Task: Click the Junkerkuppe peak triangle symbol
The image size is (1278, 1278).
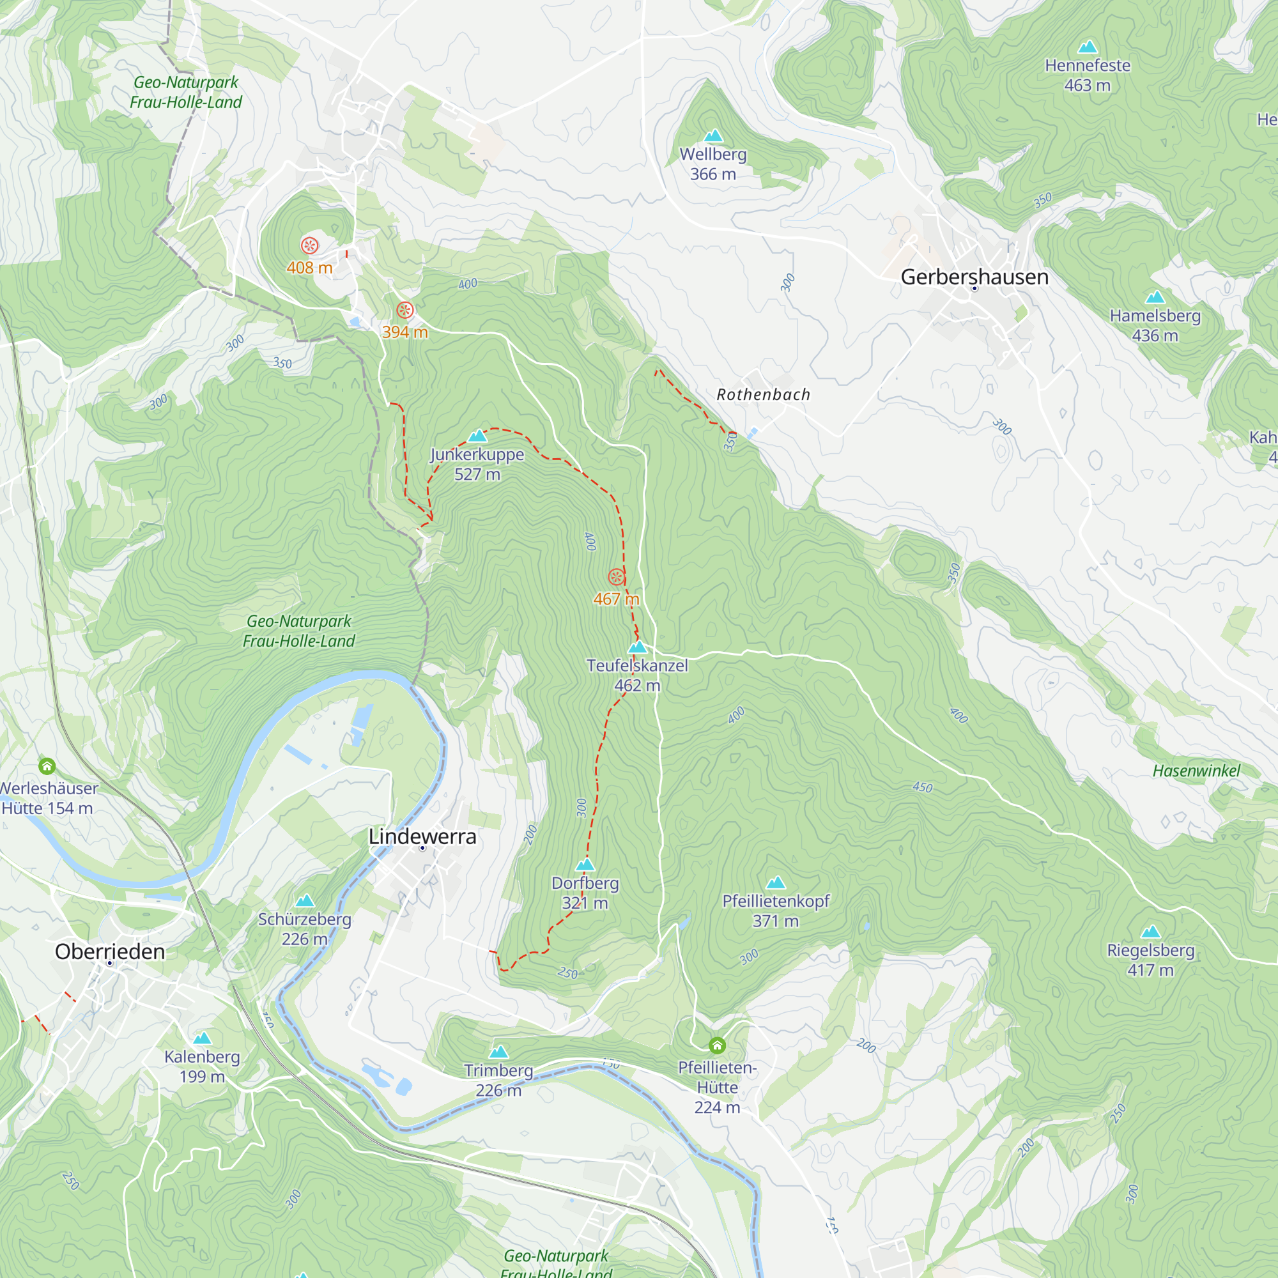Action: pyautogui.click(x=477, y=436)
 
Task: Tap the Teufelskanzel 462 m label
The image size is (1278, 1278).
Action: pyautogui.click(x=637, y=675)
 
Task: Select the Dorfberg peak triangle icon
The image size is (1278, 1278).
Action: pyautogui.click(x=585, y=865)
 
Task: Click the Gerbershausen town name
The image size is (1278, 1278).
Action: pyautogui.click(x=974, y=277)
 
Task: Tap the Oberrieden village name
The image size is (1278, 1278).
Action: pyautogui.click(x=110, y=951)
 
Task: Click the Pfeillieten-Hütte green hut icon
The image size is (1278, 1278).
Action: pyautogui.click(x=717, y=1046)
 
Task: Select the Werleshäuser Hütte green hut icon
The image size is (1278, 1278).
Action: pyautogui.click(x=47, y=766)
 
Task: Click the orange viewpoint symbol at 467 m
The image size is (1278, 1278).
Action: pyautogui.click(x=616, y=578)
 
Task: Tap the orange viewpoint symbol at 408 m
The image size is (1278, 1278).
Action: pyautogui.click(x=309, y=246)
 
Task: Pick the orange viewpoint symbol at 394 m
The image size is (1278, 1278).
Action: pyautogui.click(x=405, y=311)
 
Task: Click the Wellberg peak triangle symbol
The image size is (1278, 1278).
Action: pyautogui.click(x=713, y=136)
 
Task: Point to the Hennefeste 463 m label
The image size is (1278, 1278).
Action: pyautogui.click(x=1087, y=75)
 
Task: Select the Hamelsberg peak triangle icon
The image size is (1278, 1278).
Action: pyautogui.click(x=1155, y=297)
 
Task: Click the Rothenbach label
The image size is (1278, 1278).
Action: pyautogui.click(x=763, y=395)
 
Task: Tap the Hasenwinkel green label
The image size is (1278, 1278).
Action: pyautogui.click(x=1196, y=771)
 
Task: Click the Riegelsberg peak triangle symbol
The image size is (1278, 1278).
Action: pyautogui.click(x=1150, y=932)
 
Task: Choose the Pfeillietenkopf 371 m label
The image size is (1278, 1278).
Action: pyautogui.click(x=775, y=911)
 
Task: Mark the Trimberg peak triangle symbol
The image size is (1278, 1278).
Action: pyautogui.click(x=499, y=1052)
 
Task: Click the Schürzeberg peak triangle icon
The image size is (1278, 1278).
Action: pyautogui.click(x=305, y=901)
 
